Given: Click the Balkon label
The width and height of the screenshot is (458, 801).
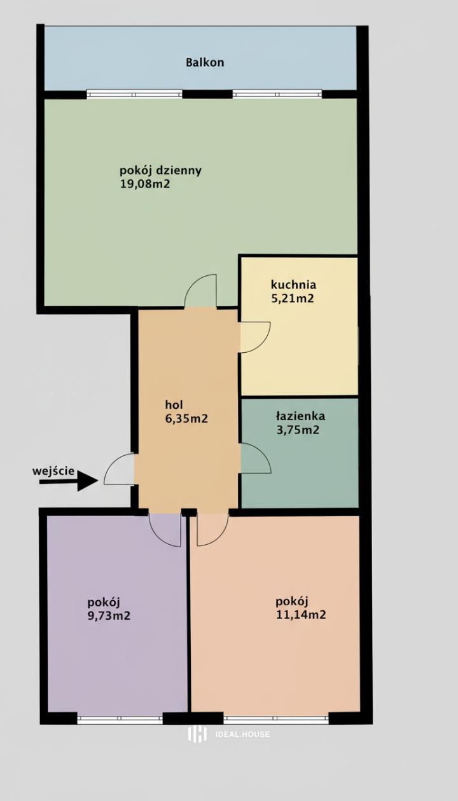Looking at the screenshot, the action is click(205, 62).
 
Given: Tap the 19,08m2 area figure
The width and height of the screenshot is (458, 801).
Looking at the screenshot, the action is click(145, 184).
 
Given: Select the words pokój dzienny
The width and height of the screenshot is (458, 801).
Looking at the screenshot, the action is click(161, 170).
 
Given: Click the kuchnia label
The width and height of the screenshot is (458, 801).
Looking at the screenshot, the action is click(293, 285).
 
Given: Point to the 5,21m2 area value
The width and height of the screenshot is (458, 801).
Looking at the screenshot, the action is click(293, 298).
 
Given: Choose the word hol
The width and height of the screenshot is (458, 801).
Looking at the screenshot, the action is click(174, 405).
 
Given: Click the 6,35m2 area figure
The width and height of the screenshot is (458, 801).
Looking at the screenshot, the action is click(186, 418).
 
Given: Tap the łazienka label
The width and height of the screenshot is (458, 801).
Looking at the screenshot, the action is click(300, 416).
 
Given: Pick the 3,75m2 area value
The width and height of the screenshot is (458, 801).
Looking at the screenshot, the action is click(298, 430).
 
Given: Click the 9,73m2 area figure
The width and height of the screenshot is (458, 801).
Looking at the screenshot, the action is click(109, 615).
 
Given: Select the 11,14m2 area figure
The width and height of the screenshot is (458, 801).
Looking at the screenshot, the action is click(301, 614).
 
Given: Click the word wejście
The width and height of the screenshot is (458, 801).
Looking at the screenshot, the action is click(53, 471).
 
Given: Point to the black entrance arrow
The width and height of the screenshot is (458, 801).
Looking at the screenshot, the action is click(69, 481).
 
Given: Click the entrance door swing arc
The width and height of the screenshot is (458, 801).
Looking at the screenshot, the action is click(112, 462).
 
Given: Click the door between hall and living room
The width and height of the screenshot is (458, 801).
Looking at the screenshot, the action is click(193, 282).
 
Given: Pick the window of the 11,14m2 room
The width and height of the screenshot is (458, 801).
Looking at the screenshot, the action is click(276, 717).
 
